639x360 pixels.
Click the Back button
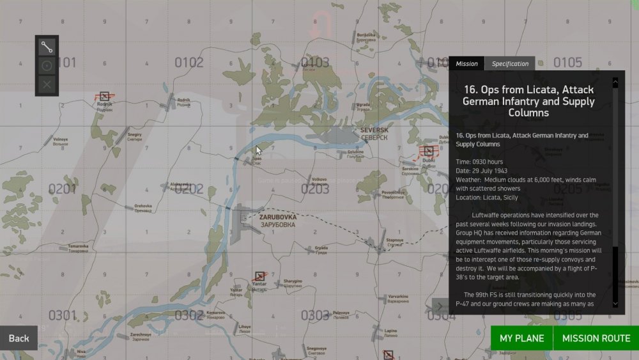(19, 338)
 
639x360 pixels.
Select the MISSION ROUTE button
(596, 338)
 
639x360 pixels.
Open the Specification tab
(510, 63)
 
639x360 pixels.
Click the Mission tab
(466, 63)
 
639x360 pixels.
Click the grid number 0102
(189, 63)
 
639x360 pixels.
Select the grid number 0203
(315, 189)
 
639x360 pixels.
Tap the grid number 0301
(62, 315)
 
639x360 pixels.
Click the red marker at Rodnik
(104, 96)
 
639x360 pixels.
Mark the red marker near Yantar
(259, 277)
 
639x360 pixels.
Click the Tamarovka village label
(78, 247)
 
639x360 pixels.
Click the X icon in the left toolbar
(47, 84)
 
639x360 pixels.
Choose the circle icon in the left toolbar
(47, 65)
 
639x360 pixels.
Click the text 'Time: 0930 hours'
(479, 162)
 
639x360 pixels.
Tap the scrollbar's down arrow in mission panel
(615, 303)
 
